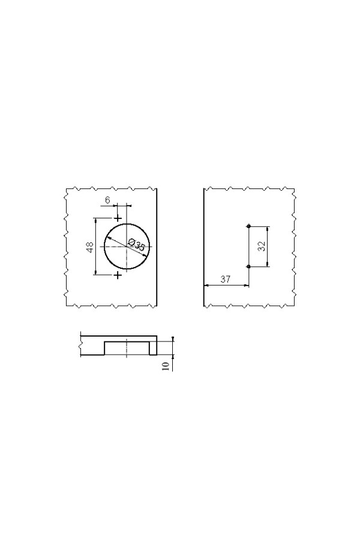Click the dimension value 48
90,247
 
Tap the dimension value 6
108,200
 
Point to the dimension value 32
262,246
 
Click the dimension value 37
226,279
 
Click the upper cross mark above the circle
118,218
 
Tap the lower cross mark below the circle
118,275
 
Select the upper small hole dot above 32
248,226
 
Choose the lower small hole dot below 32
248,266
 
